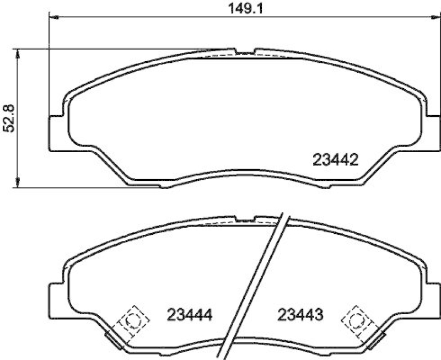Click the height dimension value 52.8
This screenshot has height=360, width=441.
8,119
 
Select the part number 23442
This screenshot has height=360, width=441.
336,160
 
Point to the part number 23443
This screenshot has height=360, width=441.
300,316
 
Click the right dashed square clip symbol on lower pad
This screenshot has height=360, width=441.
357,320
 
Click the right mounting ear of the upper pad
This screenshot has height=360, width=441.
433,132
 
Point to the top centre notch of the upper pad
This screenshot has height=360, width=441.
245,52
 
